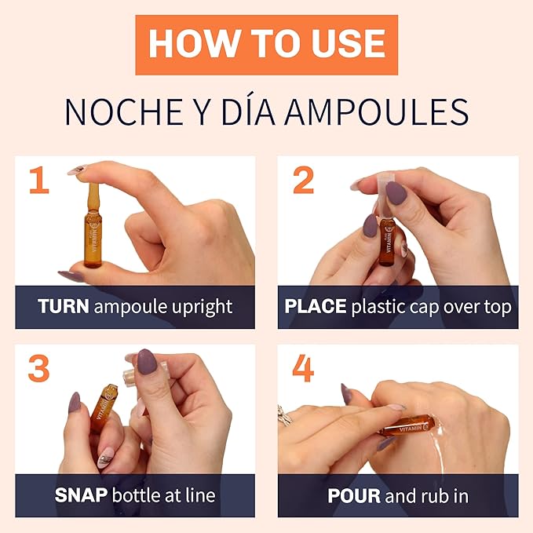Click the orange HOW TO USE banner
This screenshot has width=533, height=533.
(266, 44)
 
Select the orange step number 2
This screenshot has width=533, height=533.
(303, 180)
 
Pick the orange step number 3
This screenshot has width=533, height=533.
(38, 368)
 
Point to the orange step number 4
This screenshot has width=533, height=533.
(303, 368)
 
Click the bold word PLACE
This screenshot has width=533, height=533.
(315, 307)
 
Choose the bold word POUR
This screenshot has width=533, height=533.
(353, 495)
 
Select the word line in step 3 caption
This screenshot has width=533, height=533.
(199, 495)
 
